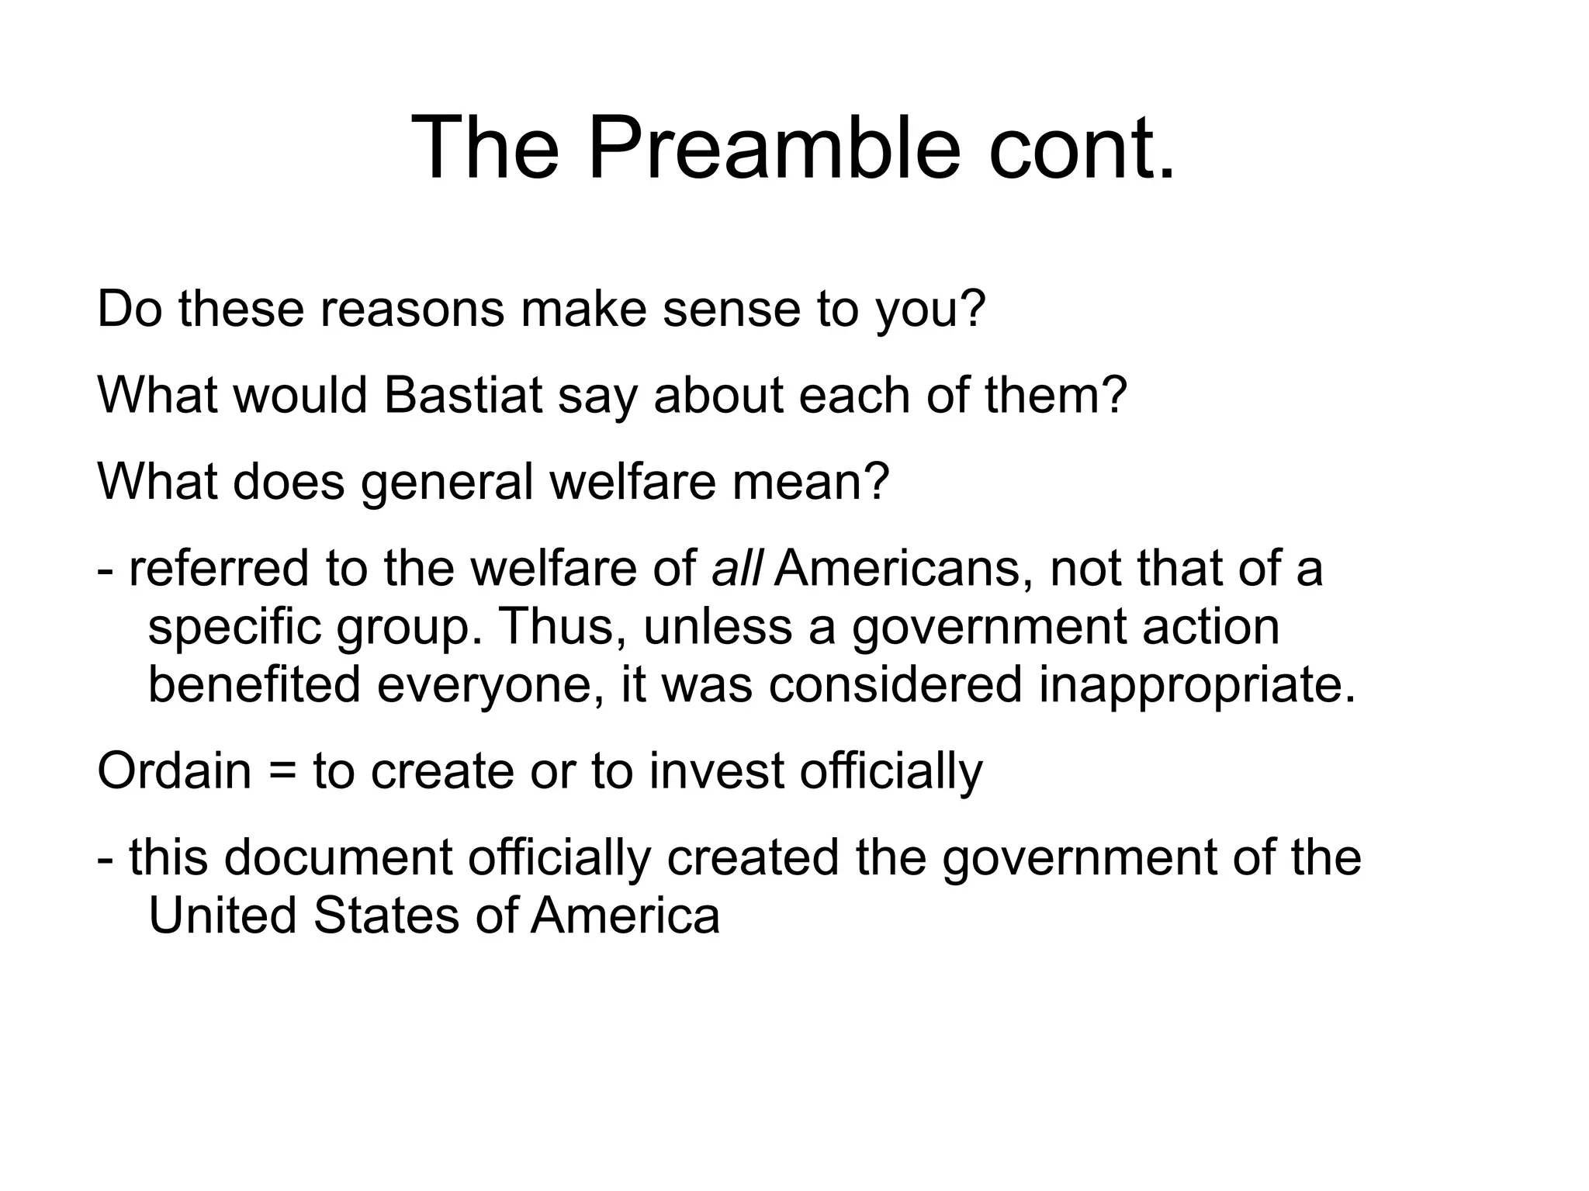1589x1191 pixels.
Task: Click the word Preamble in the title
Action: [774, 147]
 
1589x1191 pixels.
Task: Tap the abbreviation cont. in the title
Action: [1082, 147]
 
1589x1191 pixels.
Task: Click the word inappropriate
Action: [1197, 686]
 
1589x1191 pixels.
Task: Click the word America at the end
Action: [625, 915]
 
